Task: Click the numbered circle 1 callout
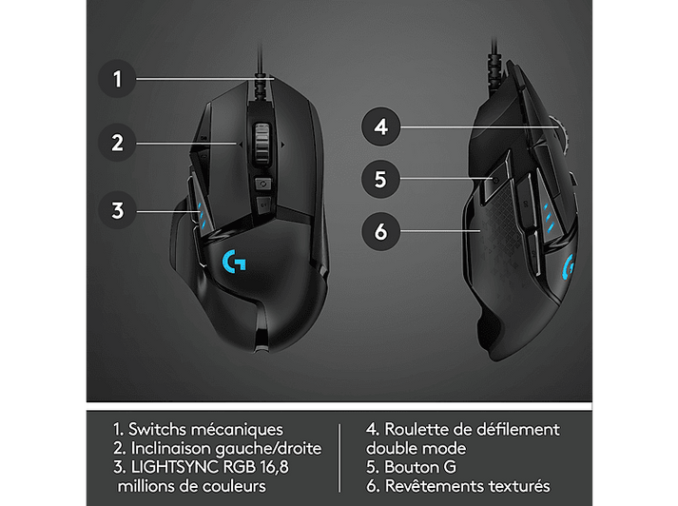pos(117,79)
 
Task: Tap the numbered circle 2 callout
pos(117,143)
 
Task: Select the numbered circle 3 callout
pos(117,210)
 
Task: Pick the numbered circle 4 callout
pos(380,126)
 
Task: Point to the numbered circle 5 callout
pos(380,179)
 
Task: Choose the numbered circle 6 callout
pos(380,231)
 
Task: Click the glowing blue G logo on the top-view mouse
pos(234,262)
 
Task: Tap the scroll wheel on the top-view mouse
pos(262,143)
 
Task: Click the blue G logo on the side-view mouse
pos(569,268)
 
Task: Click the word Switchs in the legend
pos(157,430)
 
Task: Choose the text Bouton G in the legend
pos(420,467)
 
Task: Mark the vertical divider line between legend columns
pos(339,457)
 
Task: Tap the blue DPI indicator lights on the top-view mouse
pos(201,213)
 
